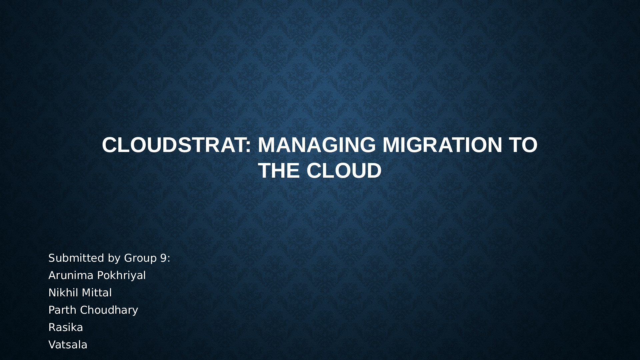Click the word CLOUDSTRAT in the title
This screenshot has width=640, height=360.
coord(173,145)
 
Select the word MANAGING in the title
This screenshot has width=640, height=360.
coord(317,145)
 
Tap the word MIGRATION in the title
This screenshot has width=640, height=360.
coord(442,145)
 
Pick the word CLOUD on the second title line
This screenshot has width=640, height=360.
coord(344,171)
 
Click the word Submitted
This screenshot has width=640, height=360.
coord(76,258)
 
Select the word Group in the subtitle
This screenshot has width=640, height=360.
coord(140,258)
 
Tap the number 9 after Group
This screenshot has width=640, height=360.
coord(163,258)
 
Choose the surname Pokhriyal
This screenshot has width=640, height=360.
coord(122,275)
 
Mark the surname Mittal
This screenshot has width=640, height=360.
coord(96,293)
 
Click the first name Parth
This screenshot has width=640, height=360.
coord(63,310)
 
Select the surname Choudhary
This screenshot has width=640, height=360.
coord(109,310)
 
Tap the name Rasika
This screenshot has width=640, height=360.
coord(66,327)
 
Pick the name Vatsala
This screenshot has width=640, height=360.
coord(68,345)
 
